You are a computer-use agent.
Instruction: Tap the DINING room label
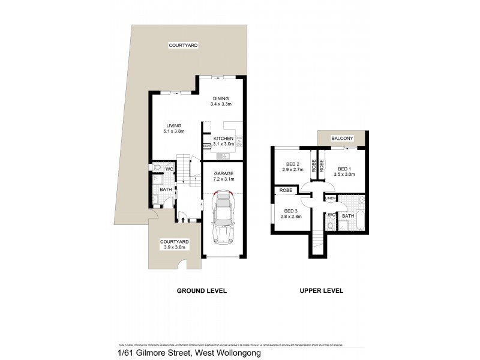coord(221,98)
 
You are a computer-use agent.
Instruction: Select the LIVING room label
coord(174,125)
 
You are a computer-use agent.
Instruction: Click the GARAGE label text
coord(223,173)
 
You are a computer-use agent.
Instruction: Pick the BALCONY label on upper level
coord(342,139)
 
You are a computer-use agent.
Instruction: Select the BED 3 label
coord(290,211)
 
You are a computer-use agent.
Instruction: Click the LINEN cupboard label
coord(330,198)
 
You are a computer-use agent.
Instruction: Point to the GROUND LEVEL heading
coord(201,291)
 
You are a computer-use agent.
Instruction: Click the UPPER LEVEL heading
coord(321,291)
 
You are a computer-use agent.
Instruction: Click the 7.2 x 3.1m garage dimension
coord(223,179)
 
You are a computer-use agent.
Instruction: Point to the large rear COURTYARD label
coord(184,46)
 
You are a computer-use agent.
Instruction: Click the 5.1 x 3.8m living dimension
coord(174,131)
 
